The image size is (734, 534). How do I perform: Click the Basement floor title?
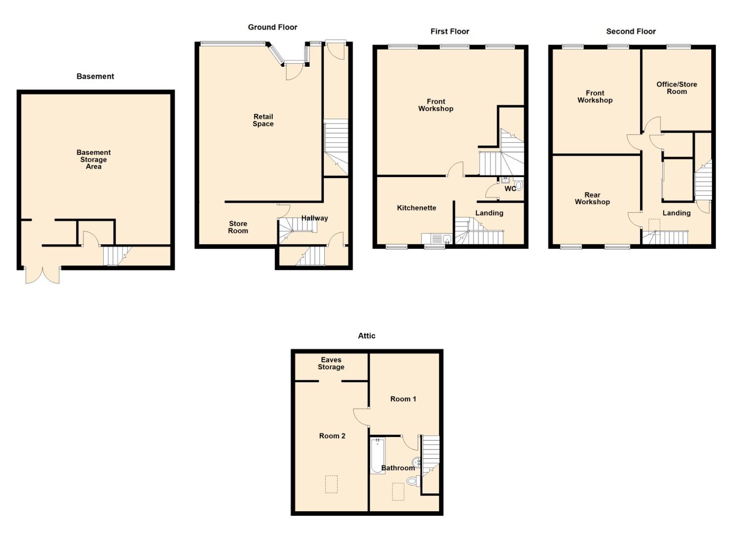point(95,76)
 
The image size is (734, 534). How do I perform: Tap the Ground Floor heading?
point(272,27)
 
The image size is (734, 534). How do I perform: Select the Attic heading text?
point(366,336)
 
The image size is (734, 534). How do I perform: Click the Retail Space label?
point(263,120)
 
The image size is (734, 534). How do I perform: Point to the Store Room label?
point(238,227)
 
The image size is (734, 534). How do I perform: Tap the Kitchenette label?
point(416,208)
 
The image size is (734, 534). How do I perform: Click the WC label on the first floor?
point(509,188)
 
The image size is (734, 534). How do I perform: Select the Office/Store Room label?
point(676,88)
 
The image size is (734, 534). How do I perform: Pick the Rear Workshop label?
point(592,198)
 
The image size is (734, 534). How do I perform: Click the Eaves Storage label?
point(331,363)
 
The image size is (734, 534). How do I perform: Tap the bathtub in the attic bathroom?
point(377,456)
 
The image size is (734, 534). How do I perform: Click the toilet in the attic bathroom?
point(412,480)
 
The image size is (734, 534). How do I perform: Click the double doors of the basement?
point(43,275)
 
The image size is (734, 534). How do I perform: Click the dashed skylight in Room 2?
point(331,484)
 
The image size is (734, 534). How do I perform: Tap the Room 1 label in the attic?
point(403,399)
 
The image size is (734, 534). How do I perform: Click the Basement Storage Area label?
point(93,159)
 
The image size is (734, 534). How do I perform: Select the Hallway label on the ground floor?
point(314,218)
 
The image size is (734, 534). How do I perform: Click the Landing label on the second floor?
point(676,213)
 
